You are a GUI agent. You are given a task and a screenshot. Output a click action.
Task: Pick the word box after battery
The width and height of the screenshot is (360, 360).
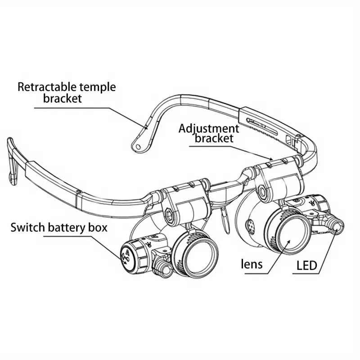click(x=98, y=227)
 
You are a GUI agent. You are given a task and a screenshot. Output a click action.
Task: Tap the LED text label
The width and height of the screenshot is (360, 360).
click(x=307, y=266)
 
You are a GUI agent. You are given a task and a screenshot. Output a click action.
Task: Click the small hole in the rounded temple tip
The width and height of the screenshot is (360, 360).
click(x=138, y=146)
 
